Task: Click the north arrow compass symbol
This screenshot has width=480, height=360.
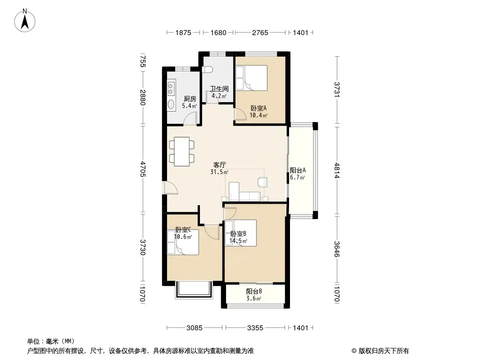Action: click(x=25, y=21)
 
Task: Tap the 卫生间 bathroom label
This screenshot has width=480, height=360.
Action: click(x=219, y=89)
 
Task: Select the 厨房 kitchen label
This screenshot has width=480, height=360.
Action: click(x=190, y=99)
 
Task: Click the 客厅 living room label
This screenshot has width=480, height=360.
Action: click(x=219, y=165)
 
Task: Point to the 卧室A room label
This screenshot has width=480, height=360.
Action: click(x=258, y=108)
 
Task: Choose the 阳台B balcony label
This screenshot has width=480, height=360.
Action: click(x=254, y=291)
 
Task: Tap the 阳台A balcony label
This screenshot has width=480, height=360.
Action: click(x=298, y=171)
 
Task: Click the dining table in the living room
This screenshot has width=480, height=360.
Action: click(x=182, y=151)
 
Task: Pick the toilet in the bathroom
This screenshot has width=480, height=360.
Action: click(x=208, y=70)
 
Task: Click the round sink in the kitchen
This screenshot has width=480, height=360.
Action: click(x=171, y=104)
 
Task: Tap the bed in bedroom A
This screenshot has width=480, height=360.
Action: click(x=251, y=78)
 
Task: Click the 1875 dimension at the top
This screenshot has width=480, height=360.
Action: click(x=183, y=32)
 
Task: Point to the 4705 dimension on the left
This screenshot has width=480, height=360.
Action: click(x=143, y=169)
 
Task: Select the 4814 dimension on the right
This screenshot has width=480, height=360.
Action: click(x=337, y=171)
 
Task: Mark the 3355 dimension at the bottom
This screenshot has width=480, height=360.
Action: click(x=255, y=328)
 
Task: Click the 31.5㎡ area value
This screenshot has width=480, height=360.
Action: click(x=219, y=172)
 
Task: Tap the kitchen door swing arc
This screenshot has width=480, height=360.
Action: click(x=190, y=118)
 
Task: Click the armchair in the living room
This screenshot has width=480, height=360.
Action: click(x=263, y=182)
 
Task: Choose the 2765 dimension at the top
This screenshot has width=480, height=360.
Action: click(x=260, y=32)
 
